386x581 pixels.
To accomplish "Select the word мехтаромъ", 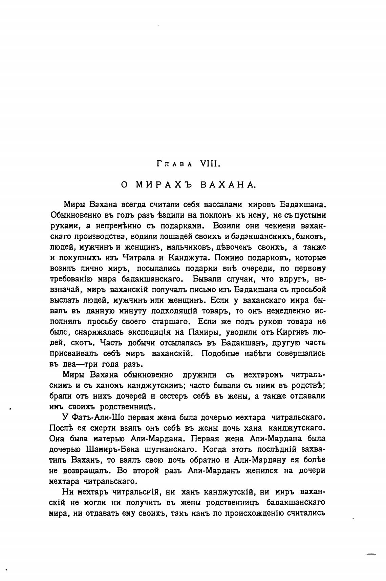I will point(262,375).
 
